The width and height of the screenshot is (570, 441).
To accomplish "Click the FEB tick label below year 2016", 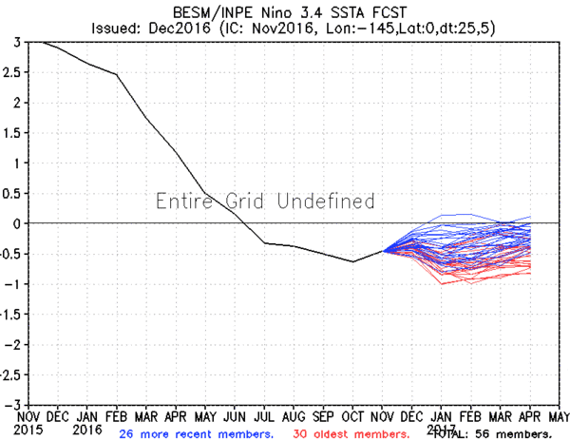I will [x=117, y=416].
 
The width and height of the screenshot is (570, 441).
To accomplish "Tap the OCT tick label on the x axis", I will [x=353, y=416].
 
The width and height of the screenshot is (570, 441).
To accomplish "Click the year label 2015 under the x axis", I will [x=28, y=431].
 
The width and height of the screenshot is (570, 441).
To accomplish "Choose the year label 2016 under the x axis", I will [x=87, y=431].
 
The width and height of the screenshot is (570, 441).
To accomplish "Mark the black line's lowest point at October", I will [x=353, y=261].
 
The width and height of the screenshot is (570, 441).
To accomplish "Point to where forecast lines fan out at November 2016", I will [x=383, y=251].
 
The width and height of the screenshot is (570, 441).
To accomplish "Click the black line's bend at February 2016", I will [x=117, y=74].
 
